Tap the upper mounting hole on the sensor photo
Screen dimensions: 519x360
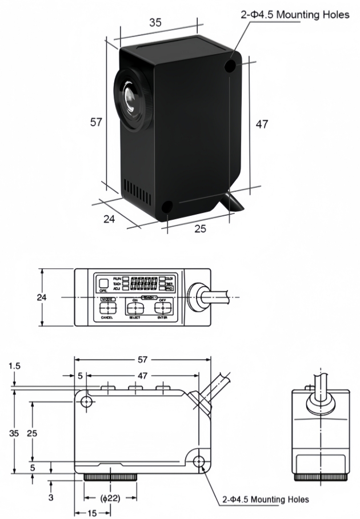(x=231, y=66)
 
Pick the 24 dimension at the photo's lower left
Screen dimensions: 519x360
(x=109, y=219)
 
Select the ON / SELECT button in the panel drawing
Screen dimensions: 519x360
(x=135, y=308)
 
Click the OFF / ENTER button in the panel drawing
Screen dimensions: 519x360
(x=162, y=308)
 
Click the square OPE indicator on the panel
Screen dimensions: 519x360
(x=103, y=283)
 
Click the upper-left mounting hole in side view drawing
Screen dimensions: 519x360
(x=86, y=402)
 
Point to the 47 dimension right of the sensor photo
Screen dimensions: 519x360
(x=261, y=124)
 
